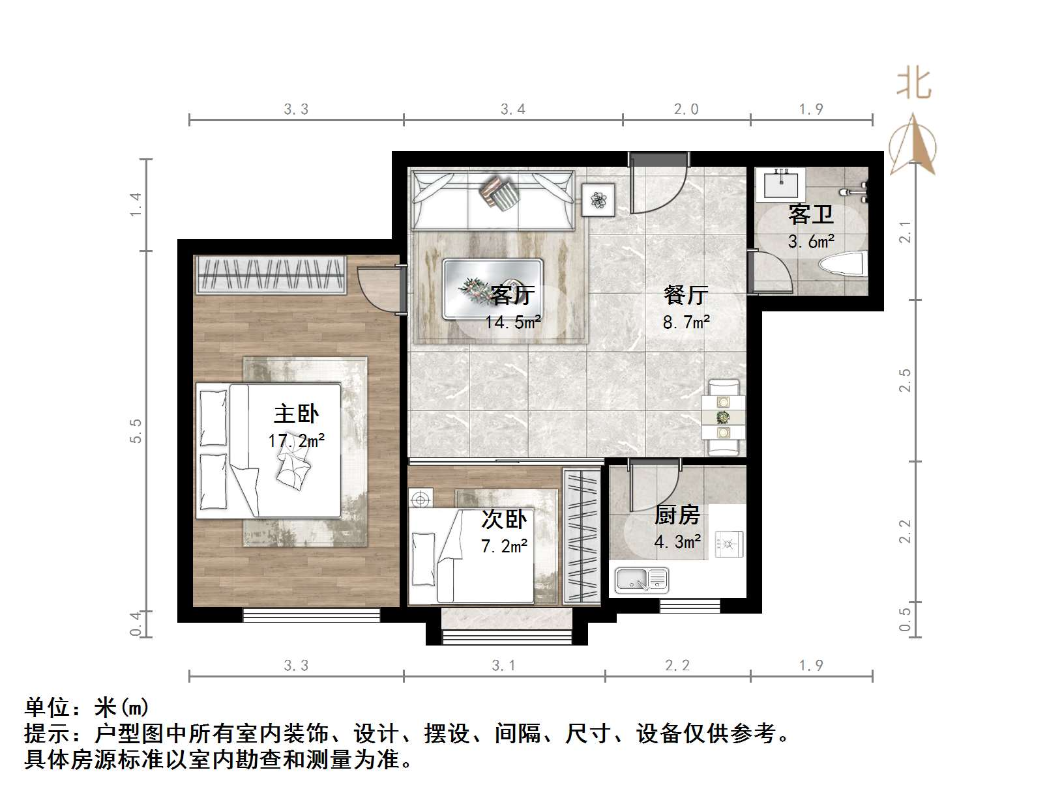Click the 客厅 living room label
512,294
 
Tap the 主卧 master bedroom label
296,414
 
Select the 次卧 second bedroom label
504,519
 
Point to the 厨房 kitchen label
677,515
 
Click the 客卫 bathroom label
811,214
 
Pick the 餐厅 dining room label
686,294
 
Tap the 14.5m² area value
512,322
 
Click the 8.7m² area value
686,322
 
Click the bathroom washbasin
780,184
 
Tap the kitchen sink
642,578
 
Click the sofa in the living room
493,200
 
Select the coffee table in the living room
493,289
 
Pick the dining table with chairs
723,418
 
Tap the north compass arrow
914,145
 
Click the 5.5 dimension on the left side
136,431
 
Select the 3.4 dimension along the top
513,109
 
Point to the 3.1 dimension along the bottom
503,666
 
